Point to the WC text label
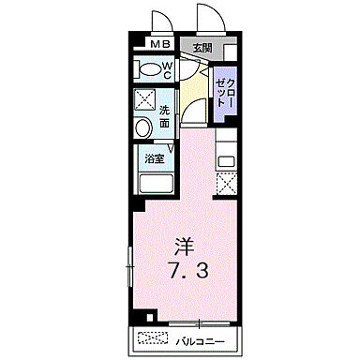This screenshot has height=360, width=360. pyautogui.click(x=167, y=68)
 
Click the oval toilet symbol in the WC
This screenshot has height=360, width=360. pyautogui.click(x=147, y=69)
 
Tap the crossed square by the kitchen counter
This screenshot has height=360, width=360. pyautogui.click(x=225, y=183)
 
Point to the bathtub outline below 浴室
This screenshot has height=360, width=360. pyautogui.click(x=155, y=184)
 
